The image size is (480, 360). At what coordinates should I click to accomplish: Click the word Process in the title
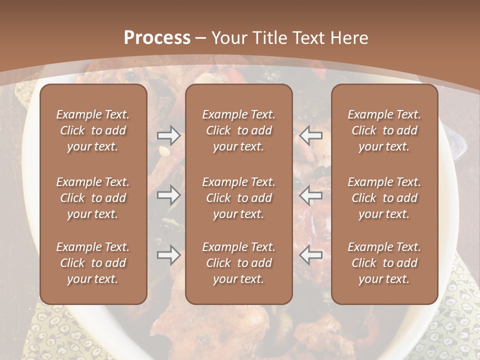pos(157,38)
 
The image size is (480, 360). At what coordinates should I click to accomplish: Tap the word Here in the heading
pos(349,38)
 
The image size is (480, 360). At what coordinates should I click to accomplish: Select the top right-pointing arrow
pos(168,135)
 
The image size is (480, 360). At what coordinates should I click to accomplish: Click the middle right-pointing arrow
pos(168,195)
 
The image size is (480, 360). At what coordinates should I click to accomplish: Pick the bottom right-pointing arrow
pos(168,255)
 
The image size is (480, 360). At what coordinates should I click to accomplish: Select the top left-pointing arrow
pos(311,135)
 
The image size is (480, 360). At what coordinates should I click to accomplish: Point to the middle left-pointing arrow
pos(311,195)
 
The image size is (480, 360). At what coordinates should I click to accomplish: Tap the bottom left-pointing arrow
pos(311,255)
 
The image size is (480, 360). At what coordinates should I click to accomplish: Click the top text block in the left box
pos(93,130)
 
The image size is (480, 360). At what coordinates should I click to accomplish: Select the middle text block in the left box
pos(93,198)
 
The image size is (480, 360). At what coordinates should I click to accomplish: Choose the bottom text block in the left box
pos(93,263)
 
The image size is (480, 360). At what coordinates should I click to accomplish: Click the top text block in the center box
pos(238,130)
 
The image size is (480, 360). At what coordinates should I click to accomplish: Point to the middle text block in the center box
pos(238,198)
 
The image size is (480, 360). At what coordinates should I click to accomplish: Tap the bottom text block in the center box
pos(238,263)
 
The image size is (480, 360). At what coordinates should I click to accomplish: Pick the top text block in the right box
pos(384,130)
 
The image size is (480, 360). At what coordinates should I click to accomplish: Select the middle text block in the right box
pos(384,198)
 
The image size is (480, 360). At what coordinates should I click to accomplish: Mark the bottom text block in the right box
pos(384,263)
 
